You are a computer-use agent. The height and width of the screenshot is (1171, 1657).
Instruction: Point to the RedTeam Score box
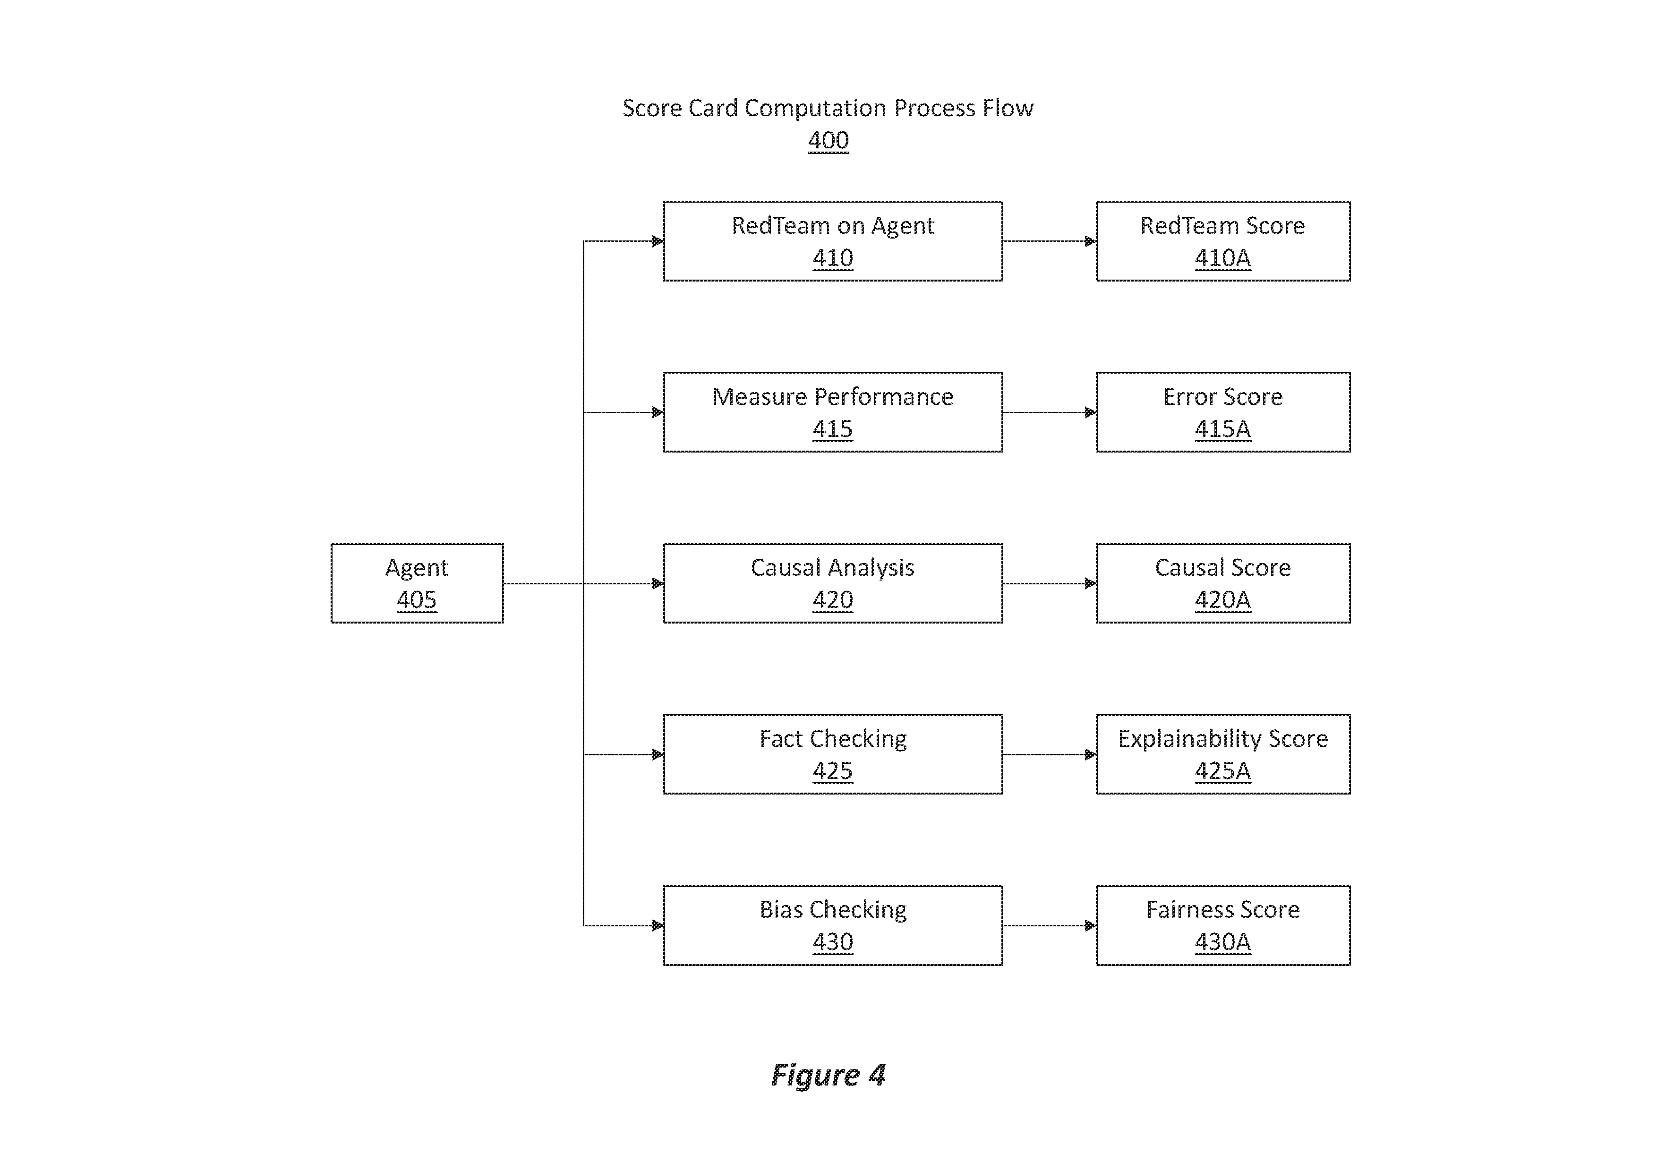pyautogui.click(x=1223, y=241)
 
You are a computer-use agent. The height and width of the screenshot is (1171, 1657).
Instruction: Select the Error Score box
pyautogui.click(x=1223, y=412)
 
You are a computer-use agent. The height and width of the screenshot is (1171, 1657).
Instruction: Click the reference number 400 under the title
pyautogui.click(x=828, y=140)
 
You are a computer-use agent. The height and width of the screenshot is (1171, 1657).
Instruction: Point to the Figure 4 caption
pyautogui.click(x=828, y=1075)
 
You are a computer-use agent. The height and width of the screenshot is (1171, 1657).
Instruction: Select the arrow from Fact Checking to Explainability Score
pyautogui.click(x=1050, y=755)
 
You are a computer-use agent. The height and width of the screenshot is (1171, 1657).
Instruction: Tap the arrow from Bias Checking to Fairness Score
pyautogui.click(x=1050, y=926)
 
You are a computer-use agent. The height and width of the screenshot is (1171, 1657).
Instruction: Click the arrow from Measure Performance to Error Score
pyautogui.click(x=1050, y=413)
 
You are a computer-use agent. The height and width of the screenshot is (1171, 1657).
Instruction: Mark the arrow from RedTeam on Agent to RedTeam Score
pyautogui.click(x=1050, y=241)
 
